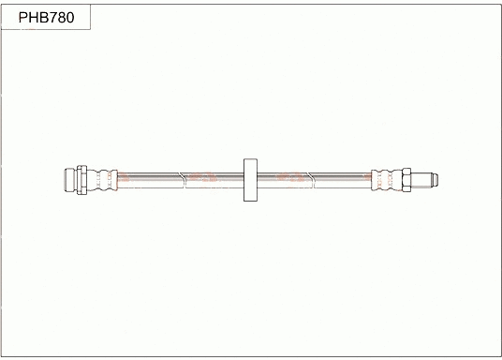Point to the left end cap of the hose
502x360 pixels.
point(69,177)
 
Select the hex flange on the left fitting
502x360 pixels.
point(83,177)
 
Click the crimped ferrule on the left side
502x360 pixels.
point(105,177)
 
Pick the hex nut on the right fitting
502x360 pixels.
point(406,177)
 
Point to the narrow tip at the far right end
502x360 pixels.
point(436,177)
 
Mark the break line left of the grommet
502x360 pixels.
point(185,177)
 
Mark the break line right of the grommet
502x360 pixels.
point(309,177)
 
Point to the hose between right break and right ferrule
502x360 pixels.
point(337,177)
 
